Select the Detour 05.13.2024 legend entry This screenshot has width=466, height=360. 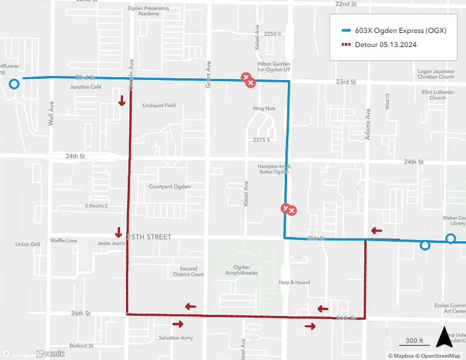point(386,45)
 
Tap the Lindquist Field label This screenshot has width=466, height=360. point(159,105)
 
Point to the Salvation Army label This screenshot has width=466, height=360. point(176,338)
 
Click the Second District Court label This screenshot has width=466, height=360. point(188,271)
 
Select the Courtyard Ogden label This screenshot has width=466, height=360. point(169,186)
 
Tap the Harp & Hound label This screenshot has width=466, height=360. point(294,282)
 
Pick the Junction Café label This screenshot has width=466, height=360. point(86,87)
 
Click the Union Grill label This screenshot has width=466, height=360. point(28,244)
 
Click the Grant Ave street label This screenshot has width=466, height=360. point(208,75)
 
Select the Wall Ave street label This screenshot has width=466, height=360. point(51,114)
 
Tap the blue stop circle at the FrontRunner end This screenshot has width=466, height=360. point(14,85)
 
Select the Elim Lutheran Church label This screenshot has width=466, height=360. point(437,95)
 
